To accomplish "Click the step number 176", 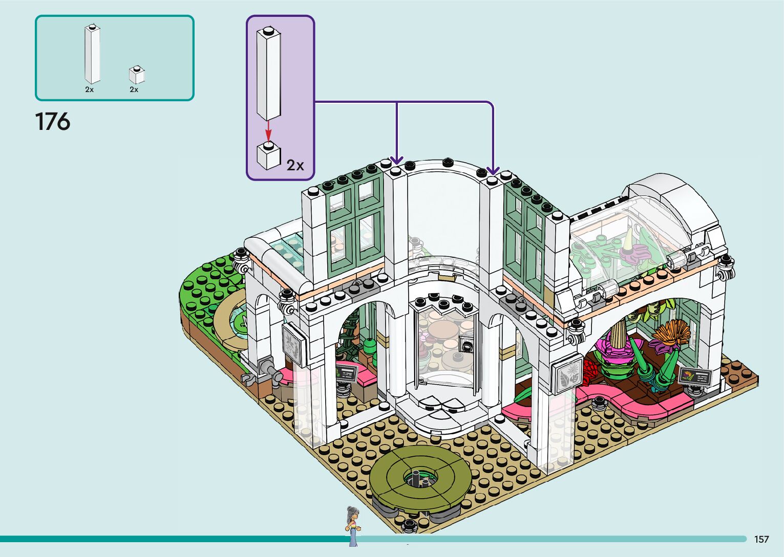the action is pyautogui.click(x=52, y=122).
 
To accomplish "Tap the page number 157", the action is pyautogui.click(x=761, y=539).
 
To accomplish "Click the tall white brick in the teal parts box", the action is pyautogui.click(x=92, y=54).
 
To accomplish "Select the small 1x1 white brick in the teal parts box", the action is pyautogui.click(x=137, y=75).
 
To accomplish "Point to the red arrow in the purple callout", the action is pyautogui.click(x=268, y=130).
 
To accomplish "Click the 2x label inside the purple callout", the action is pyautogui.click(x=295, y=165).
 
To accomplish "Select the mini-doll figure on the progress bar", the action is pyautogui.click(x=353, y=526).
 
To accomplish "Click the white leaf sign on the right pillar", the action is pyautogui.click(x=569, y=375).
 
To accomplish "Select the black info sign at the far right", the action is pyautogui.click(x=695, y=377).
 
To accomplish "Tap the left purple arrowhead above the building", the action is pyautogui.click(x=397, y=160).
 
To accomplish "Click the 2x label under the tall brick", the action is pyautogui.click(x=90, y=90).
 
